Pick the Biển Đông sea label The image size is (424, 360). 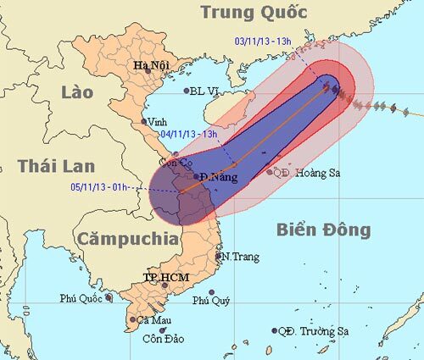pyautogui.click(x=323, y=230)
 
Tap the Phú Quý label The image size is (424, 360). pyautogui.click(x=211, y=300)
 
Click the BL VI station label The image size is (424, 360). pyautogui.click(x=207, y=91)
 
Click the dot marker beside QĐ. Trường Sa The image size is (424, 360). pyautogui.click(x=275, y=331)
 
